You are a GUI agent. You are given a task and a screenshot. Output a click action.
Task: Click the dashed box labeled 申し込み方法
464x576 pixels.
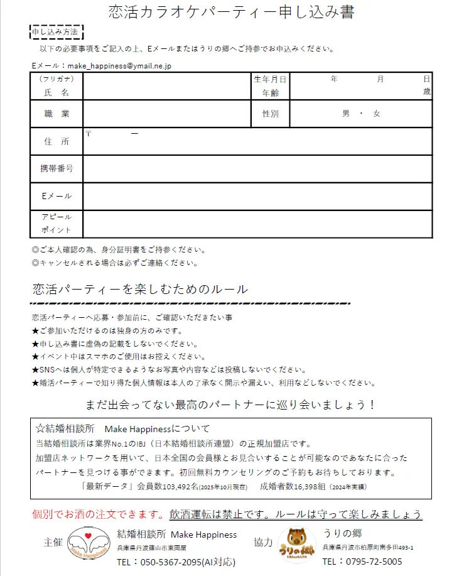[x=57, y=32]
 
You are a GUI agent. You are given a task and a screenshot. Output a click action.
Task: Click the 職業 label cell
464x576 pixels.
[x=57, y=114]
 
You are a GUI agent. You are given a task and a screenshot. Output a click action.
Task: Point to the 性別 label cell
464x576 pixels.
[x=271, y=114]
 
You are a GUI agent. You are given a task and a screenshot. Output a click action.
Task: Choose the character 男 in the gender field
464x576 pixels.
[x=345, y=114]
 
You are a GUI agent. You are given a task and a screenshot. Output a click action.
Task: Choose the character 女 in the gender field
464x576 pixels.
[x=376, y=114]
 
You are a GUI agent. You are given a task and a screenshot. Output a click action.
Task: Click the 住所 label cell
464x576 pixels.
[x=57, y=141]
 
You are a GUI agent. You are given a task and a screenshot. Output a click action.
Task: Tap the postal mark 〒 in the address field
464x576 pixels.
[x=89, y=133]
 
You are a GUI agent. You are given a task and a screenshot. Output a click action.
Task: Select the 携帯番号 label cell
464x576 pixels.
[x=57, y=168]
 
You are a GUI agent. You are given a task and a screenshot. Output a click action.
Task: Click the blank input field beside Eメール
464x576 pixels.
[x=257, y=196]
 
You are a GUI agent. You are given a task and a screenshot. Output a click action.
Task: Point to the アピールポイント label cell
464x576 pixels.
[x=57, y=224]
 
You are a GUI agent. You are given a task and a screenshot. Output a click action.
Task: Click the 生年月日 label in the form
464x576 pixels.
[x=270, y=79]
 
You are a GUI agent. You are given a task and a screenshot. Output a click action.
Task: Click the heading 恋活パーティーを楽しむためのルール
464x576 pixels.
[x=140, y=289]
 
